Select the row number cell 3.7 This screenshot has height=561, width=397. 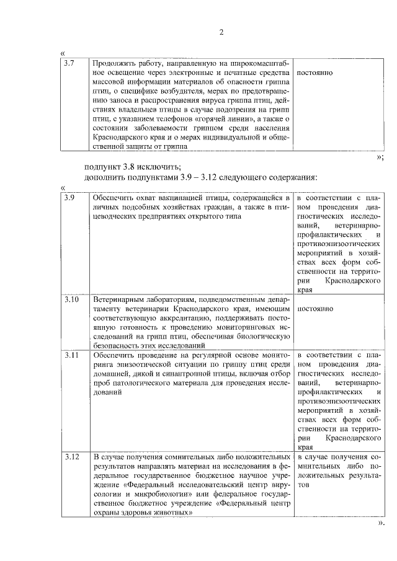pyautogui.click(x=69, y=63)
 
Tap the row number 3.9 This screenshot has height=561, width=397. pyautogui.click(x=69, y=197)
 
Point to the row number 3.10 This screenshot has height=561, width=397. pyautogui.click(x=71, y=299)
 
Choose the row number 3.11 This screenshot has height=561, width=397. pyautogui.click(x=71, y=355)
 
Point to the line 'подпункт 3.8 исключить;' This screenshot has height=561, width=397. pyautogui.click(x=132, y=166)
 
